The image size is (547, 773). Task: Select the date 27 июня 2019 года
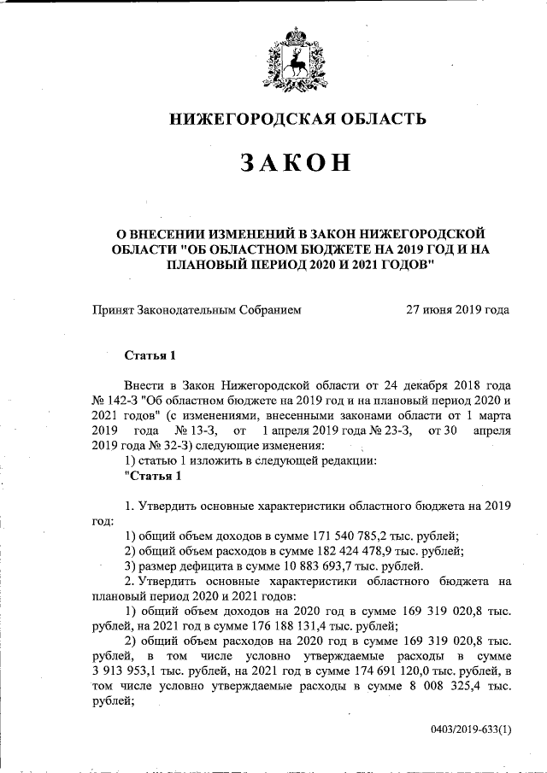point(457,309)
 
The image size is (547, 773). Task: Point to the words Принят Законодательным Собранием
point(197,309)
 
